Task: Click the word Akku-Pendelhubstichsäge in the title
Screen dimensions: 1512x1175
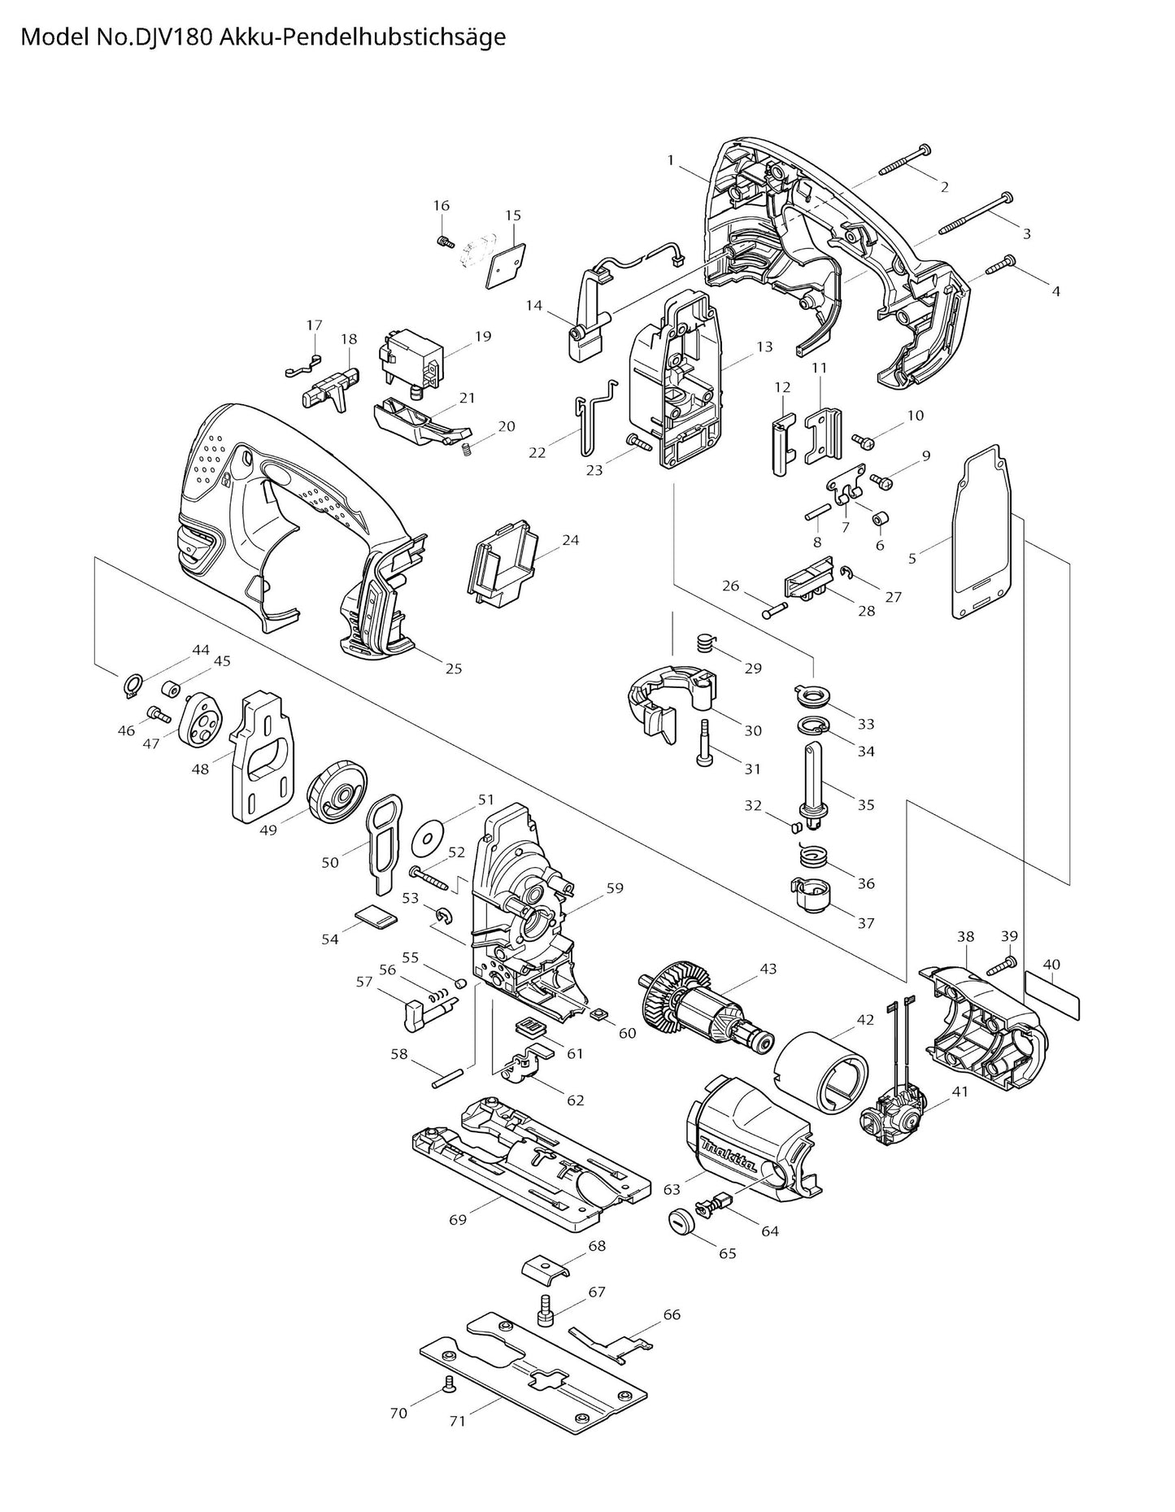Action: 363,37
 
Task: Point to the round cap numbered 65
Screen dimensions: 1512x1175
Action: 680,1220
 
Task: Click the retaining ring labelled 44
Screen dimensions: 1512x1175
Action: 133,686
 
